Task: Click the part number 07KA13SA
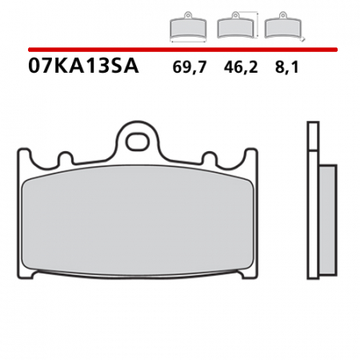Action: (x=84, y=67)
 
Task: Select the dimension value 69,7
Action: (x=189, y=68)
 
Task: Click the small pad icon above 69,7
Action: (x=188, y=27)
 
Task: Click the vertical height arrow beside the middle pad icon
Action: (x=257, y=25)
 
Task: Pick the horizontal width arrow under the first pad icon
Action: (x=188, y=40)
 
